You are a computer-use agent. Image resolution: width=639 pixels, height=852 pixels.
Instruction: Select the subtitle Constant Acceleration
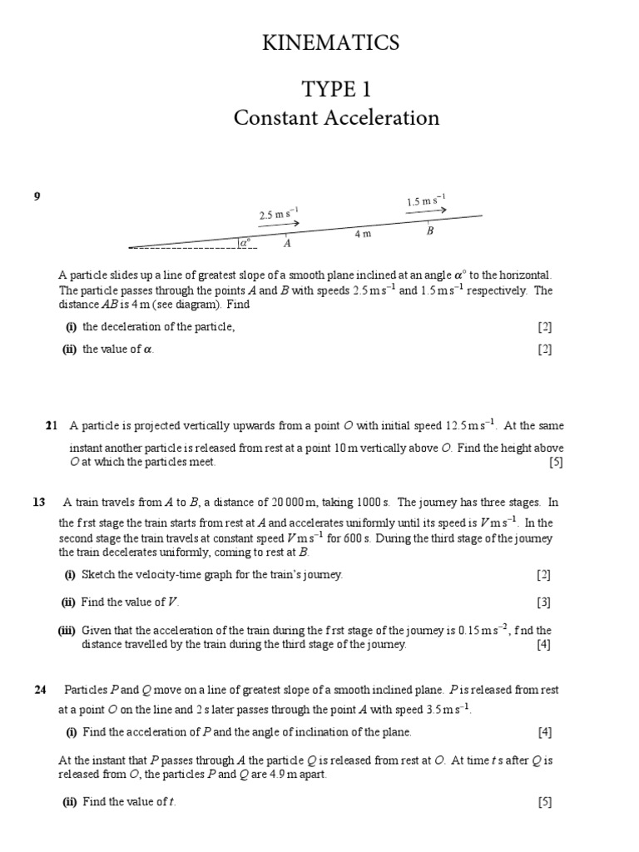pos(336,118)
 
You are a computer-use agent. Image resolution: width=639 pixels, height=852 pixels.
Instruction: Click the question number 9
pos(37,196)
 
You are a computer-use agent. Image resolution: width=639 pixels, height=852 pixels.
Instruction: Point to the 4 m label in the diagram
pos(362,235)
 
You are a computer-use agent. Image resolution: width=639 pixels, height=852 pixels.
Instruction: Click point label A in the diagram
pos(287,244)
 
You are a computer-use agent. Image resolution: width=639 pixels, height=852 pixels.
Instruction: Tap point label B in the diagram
pos(430,231)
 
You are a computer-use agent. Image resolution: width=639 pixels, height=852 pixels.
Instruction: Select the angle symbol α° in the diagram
pos(245,242)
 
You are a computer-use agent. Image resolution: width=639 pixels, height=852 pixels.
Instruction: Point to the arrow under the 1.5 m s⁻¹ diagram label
pos(426,211)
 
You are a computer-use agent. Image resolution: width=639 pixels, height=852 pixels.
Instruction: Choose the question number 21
pos(51,426)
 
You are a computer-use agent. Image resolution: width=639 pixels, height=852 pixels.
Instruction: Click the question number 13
pos(38,502)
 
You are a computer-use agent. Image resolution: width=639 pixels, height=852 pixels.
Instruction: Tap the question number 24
pos(38,689)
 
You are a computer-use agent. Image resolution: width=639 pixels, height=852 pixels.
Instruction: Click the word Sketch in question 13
pos(99,575)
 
